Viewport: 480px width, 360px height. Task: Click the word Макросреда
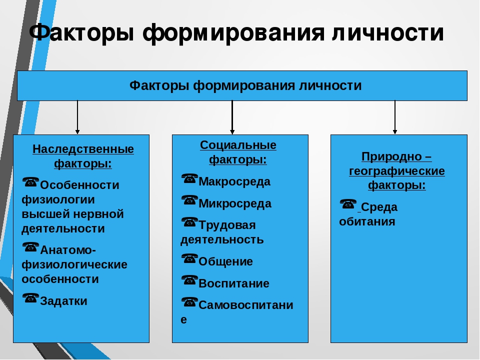point(234,182)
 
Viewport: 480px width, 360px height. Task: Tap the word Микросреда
point(235,203)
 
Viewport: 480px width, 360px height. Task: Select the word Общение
point(225,261)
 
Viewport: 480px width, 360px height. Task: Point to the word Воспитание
point(234,283)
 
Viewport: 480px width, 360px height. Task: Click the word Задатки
point(63,301)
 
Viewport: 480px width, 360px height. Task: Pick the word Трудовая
point(227,225)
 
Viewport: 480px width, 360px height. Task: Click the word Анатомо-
point(68,250)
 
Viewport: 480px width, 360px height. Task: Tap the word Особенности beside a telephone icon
point(79,185)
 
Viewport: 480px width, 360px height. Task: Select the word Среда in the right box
point(379,207)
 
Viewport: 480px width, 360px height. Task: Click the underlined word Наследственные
point(83,149)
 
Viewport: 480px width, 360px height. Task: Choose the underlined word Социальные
point(238,145)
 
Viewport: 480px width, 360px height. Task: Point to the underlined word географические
point(397,171)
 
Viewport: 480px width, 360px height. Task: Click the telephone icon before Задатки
point(30,298)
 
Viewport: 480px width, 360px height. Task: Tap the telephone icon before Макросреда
point(189,178)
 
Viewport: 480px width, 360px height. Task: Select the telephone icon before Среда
point(348,204)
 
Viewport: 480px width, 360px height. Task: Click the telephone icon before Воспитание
point(189,280)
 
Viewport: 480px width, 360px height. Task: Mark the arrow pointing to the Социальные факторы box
point(232,117)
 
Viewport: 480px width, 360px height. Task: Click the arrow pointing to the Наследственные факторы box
point(77,117)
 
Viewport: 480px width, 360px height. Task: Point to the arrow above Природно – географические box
point(395,117)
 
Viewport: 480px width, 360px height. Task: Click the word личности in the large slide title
point(388,32)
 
